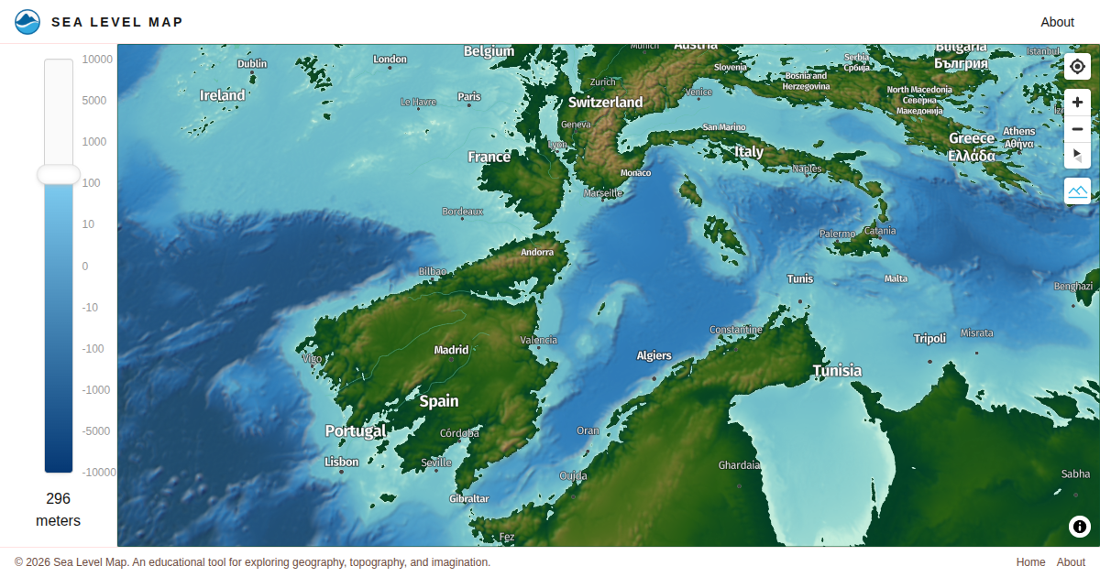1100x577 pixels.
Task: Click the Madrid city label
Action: point(451,350)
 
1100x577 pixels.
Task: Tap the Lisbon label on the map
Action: point(342,462)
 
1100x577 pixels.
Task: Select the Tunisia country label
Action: point(837,371)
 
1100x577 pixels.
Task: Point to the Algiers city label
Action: point(654,355)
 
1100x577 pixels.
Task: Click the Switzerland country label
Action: point(605,102)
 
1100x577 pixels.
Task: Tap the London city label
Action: point(390,60)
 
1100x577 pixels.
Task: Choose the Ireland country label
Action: point(223,95)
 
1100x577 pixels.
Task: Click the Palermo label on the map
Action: point(837,234)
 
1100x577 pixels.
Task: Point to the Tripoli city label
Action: point(929,339)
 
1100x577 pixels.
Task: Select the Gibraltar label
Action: point(469,499)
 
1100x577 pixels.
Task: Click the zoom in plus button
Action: point(1077,103)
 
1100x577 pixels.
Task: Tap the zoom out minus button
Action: point(1077,129)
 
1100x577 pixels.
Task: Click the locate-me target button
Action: point(1077,67)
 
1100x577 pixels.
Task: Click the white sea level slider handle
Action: point(59,175)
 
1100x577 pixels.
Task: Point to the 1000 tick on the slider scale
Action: point(95,142)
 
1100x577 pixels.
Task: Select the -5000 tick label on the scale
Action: point(95,430)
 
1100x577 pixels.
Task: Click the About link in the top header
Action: point(1057,22)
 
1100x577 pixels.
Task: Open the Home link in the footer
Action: point(1030,562)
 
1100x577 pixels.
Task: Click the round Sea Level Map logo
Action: point(27,22)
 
